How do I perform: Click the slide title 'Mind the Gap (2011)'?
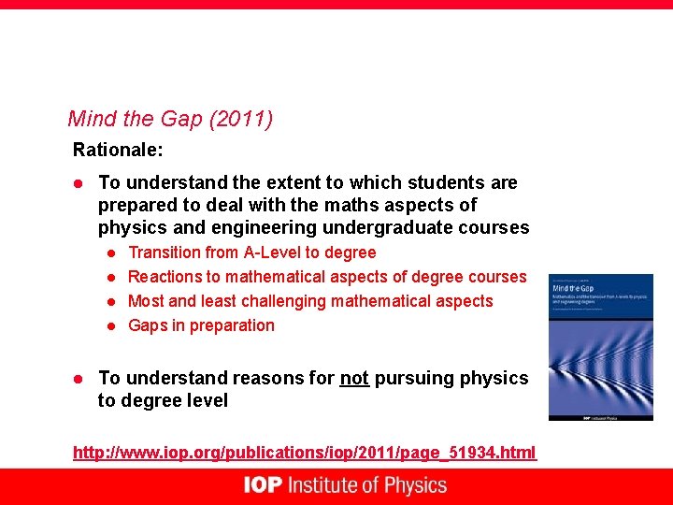[x=170, y=120]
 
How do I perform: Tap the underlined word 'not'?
[x=354, y=378]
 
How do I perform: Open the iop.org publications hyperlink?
[x=305, y=453]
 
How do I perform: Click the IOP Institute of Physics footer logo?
[x=345, y=485]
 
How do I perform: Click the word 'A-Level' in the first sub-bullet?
[x=271, y=252]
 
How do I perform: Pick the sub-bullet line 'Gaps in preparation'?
[x=201, y=325]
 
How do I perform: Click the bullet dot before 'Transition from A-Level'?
[x=109, y=252]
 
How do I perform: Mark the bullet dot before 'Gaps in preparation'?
[x=109, y=325]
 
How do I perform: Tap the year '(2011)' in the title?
[x=241, y=120]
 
